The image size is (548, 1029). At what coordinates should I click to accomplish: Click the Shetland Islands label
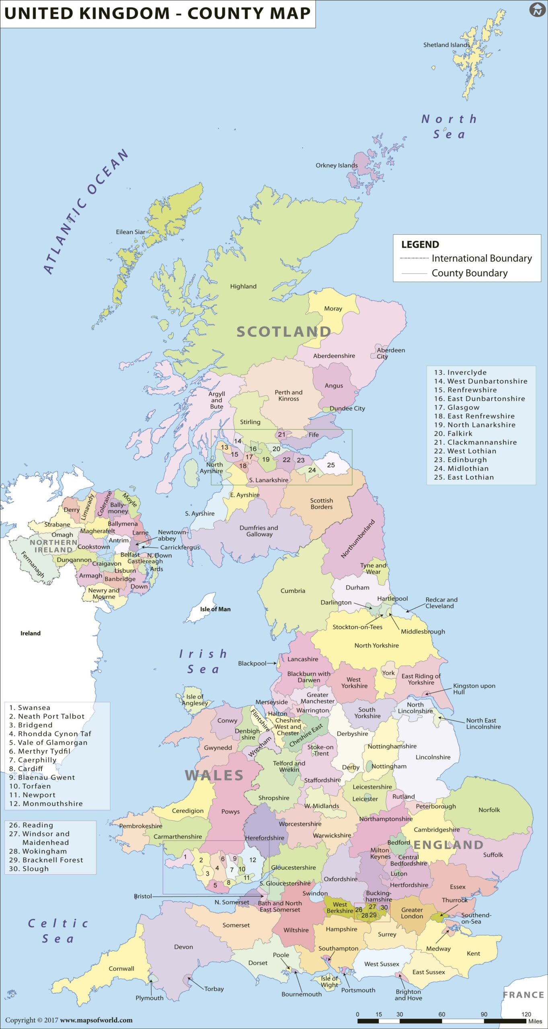tap(446, 45)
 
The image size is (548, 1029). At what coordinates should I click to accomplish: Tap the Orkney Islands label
tap(337, 165)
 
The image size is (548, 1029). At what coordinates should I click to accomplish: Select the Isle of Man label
tap(215, 609)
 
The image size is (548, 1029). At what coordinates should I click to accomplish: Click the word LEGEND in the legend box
tap(420, 244)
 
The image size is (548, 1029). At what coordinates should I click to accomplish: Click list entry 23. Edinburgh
tap(461, 459)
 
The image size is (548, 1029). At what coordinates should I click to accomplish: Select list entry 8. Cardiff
tap(26, 769)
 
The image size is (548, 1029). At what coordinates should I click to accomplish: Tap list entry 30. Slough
tap(29, 869)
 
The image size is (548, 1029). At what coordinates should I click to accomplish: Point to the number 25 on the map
tap(330, 465)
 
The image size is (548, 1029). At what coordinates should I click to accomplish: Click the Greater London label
tap(412, 913)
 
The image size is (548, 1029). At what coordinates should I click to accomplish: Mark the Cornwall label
tap(121, 968)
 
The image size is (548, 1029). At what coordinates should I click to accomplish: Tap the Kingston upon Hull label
tap(474, 689)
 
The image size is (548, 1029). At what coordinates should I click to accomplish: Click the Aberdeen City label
tap(390, 353)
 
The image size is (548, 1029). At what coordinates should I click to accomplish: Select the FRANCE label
tap(523, 995)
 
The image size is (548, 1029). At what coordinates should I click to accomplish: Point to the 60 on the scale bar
tap(441, 1014)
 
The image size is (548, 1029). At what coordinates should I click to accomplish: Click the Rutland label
tap(403, 797)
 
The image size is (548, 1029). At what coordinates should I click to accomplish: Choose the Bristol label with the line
tap(143, 896)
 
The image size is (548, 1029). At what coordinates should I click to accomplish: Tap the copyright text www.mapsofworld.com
tap(96, 1020)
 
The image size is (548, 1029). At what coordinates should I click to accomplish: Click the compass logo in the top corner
tap(537, 10)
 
